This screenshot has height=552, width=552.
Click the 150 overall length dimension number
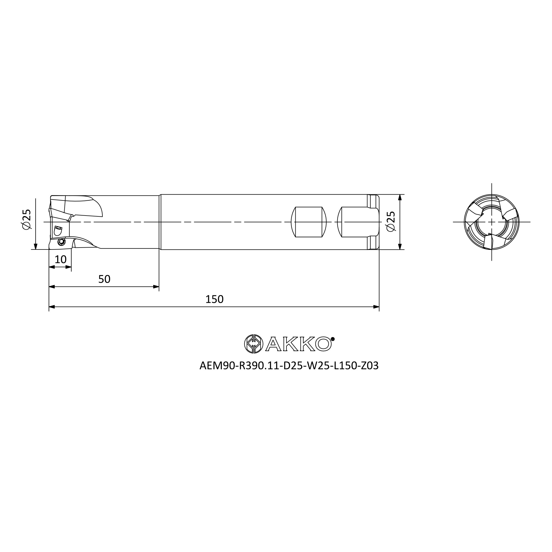pyautogui.click(x=214, y=299)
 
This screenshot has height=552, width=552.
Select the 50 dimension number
pyautogui.click(x=104, y=279)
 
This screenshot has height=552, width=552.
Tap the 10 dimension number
pyautogui.click(x=60, y=259)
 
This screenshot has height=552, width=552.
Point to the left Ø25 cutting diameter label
pyautogui.click(x=26, y=219)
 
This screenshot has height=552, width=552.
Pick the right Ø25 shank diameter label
pyautogui.click(x=390, y=221)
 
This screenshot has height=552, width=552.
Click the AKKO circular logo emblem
pyautogui.click(x=253, y=343)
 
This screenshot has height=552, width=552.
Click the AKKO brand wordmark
pyautogui.click(x=299, y=344)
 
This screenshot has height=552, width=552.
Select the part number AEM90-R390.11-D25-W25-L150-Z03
pyautogui.click(x=289, y=366)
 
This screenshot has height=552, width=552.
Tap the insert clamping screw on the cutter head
pyautogui.click(x=62, y=242)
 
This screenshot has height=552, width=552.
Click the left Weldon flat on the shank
pyautogui.click(x=309, y=222)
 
